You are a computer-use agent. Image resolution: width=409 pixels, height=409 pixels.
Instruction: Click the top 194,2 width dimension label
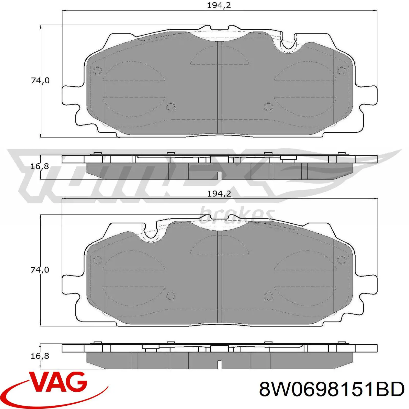pyautogui.click(x=219, y=5)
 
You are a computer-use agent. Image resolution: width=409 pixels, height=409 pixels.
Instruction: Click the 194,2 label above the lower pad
pyautogui.click(x=219, y=194)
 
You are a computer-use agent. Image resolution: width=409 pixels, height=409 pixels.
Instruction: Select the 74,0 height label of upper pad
pyautogui.click(x=40, y=81)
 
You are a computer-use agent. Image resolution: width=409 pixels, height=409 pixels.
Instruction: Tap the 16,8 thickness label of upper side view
pyautogui.click(x=40, y=166)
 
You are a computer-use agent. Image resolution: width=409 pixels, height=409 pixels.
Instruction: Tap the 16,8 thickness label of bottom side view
pyautogui.click(x=40, y=356)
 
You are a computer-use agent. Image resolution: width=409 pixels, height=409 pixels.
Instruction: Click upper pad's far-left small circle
pyautogui.click(x=98, y=71)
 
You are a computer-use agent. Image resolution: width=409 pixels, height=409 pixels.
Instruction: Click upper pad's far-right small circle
pyautogui.click(x=342, y=71)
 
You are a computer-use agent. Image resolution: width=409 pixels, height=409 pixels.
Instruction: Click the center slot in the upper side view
pyautogui.click(x=219, y=175)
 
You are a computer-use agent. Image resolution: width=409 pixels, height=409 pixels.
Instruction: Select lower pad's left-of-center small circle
pyautogui.click(x=171, y=296)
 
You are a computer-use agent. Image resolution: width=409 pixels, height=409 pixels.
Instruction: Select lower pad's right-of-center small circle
pyautogui.click(x=268, y=296)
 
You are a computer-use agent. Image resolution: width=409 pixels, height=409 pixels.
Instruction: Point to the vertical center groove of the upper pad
pyautogui.click(x=219, y=87)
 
